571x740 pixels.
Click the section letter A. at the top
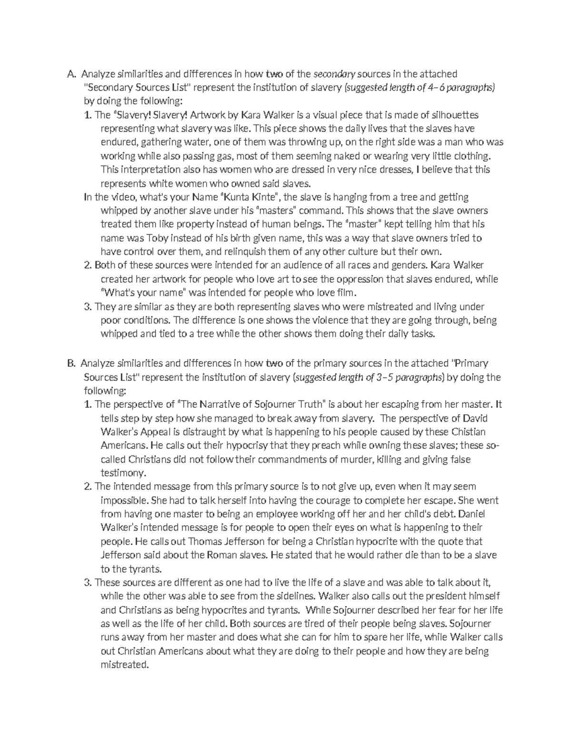(71, 74)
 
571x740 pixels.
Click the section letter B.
(71, 364)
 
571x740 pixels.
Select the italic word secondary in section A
(334, 74)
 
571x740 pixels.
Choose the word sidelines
(287, 596)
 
